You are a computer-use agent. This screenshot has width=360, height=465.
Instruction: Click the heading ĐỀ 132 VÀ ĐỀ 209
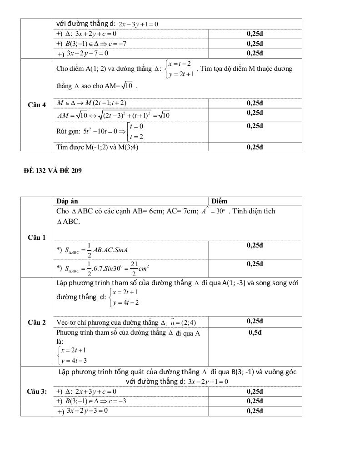tap(53, 171)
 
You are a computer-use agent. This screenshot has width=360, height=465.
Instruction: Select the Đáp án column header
tap(66, 201)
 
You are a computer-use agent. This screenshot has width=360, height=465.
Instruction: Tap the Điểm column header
tap(220, 201)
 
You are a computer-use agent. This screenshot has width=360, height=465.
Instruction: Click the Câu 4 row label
tap(37, 105)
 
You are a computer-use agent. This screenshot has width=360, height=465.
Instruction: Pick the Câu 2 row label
tap(37, 322)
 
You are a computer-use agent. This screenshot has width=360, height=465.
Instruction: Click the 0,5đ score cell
tap(255, 332)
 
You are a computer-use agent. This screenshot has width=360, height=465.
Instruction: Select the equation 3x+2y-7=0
tap(87, 53)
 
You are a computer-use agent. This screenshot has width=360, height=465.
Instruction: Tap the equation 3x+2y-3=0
tap(87, 411)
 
